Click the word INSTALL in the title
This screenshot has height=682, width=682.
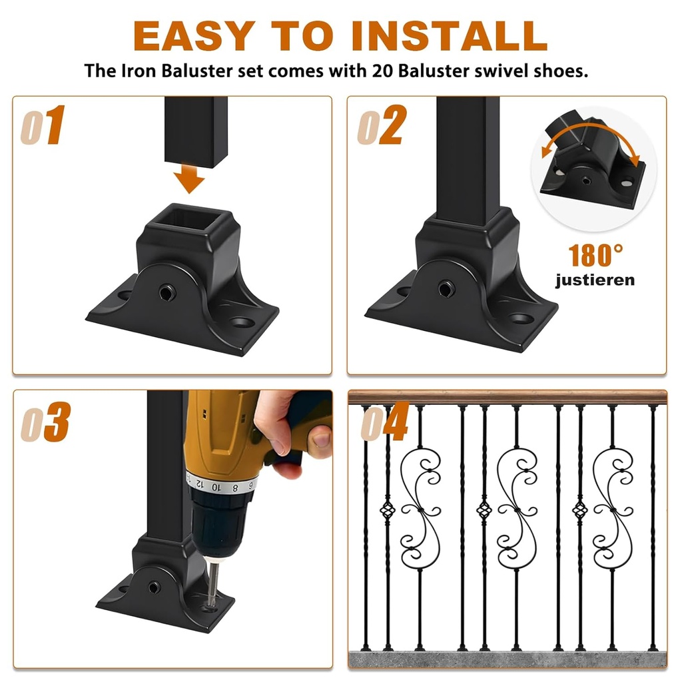tap(449, 36)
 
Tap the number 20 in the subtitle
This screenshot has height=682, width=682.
tap(382, 71)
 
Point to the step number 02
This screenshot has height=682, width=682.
tap(382, 125)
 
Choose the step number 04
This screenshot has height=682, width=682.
tap(385, 422)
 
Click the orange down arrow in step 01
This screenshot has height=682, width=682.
tap(188, 178)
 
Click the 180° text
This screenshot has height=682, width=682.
tap(595, 255)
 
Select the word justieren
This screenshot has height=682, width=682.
tap(595, 280)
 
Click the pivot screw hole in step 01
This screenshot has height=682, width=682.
tap(167, 292)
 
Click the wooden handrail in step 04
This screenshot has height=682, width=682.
tap(508, 398)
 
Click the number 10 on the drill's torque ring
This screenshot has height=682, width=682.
tap(216, 487)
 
